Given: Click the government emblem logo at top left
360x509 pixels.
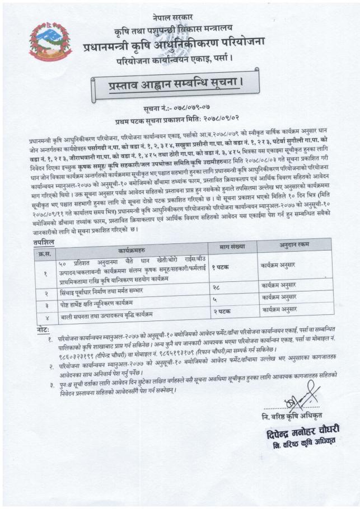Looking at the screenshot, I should [51, 41].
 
